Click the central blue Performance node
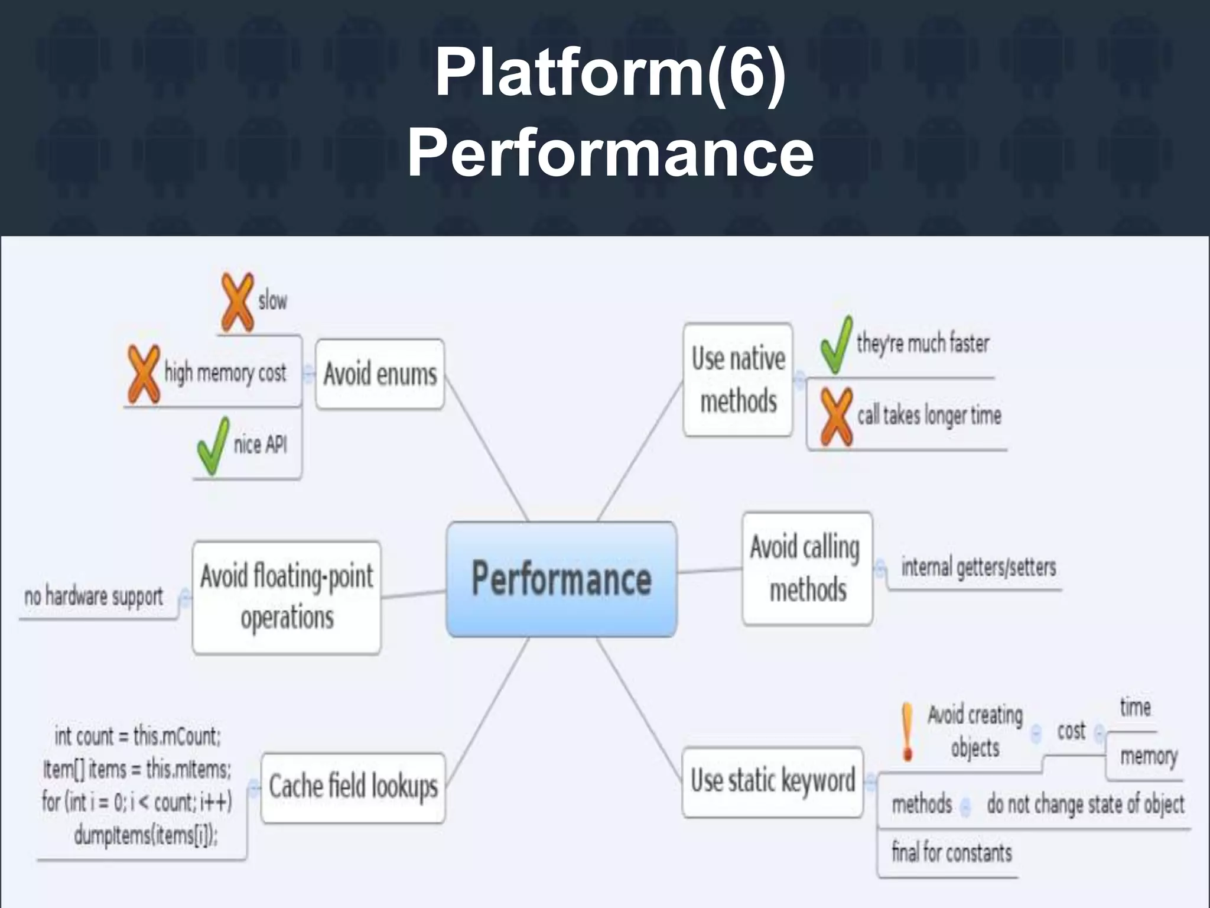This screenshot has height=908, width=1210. click(561, 579)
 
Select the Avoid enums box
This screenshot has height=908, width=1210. click(380, 374)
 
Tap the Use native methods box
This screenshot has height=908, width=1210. click(738, 380)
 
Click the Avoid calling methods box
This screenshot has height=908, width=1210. click(807, 569)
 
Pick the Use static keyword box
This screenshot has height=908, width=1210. click(773, 781)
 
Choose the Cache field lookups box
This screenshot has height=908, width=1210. click(353, 787)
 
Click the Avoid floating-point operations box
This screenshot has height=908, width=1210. click(287, 597)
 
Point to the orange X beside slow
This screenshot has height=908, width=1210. click(238, 301)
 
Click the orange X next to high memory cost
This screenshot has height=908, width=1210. click(144, 374)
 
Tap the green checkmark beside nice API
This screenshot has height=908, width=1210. click(213, 446)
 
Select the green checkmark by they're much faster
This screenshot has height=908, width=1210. click(836, 345)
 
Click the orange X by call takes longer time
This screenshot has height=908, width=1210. click(836, 417)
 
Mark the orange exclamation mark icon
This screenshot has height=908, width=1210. click(907, 731)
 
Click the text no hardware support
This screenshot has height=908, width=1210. click(93, 596)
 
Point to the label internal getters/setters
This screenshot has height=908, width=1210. click(978, 567)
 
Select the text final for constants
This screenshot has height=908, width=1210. click(951, 852)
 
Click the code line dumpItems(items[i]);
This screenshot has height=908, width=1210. click(146, 835)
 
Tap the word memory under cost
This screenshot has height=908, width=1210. click(1149, 756)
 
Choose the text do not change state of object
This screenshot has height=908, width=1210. click(1085, 804)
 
